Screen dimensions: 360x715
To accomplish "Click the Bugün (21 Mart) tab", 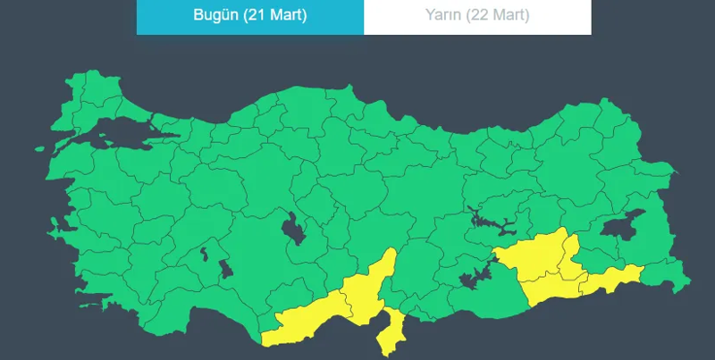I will click(250, 16).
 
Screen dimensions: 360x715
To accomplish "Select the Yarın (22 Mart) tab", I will click(477, 16).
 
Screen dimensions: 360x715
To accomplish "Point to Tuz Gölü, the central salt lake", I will click(292, 231).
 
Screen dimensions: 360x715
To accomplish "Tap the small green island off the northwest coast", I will click(41, 150).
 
